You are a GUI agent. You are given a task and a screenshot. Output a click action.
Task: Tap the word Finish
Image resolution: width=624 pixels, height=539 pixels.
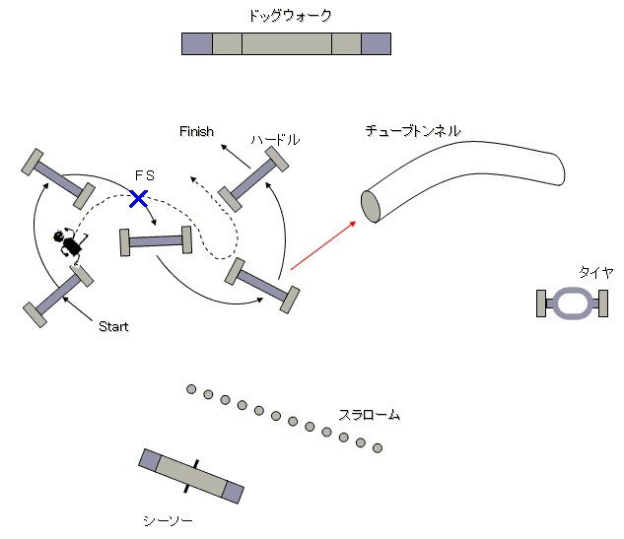click(196, 131)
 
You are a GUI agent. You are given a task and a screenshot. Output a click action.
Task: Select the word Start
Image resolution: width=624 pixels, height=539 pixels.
click(113, 326)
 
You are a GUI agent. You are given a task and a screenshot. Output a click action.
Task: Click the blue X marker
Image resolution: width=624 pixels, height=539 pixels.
click(139, 199)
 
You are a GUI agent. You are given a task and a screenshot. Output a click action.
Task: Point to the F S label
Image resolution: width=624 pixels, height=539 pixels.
click(144, 174)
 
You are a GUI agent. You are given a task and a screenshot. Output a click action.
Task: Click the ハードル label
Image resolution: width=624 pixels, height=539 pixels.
click(275, 140)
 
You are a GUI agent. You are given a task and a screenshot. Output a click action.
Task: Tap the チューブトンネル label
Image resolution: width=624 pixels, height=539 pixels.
click(413, 130)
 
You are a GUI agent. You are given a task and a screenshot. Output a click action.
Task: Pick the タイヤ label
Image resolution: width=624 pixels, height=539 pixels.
click(595, 272)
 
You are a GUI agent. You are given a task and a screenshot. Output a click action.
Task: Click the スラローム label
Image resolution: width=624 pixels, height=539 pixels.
click(370, 415)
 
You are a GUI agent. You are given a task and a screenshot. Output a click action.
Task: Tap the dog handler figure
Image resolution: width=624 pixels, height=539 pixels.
click(70, 242)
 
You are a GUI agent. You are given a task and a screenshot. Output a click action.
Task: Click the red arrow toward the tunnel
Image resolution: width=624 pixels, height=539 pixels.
click(322, 244)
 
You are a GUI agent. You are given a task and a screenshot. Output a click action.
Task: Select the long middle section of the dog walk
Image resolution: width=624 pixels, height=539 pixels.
click(286, 43)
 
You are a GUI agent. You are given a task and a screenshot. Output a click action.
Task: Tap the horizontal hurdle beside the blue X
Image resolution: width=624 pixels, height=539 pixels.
click(155, 240)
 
